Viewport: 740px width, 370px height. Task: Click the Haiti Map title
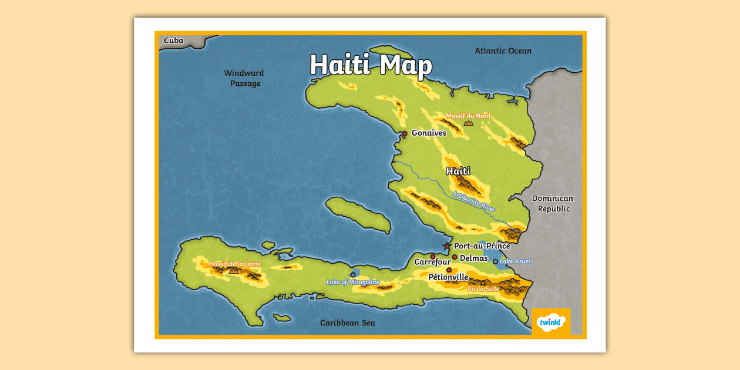pyautogui.click(x=371, y=65)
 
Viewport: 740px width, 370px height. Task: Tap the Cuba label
pyautogui.click(x=173, y=41)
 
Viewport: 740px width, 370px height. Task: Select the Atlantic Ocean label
pyautogui.click(x=503, y=51)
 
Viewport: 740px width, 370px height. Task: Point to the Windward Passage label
pyautogui.click(x=244, y=78)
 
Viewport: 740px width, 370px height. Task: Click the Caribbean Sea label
pyautogui.click(x=347, y=322)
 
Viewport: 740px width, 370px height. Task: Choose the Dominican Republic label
pyautogui.click(x=553, y=203)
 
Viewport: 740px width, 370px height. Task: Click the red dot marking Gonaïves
pyautogui.click(x=405, y=133)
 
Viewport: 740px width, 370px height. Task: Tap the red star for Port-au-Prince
pyautogui.click(x=448, y=246)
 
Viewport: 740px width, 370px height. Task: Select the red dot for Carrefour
pyautogui.click(x=433, y=257)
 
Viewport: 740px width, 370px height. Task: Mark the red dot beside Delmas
pyautogui.click(x=455, y=257)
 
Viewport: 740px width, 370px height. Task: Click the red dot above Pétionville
pyautogui.click(x=449, y=270)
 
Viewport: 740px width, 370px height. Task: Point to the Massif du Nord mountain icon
pyautogui.click(x=468, y=123)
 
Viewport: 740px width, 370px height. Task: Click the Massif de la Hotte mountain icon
pyautogui.click(x=234, y=271)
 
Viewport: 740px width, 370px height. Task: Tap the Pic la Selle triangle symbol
pyautogui.click(x=483, y=282)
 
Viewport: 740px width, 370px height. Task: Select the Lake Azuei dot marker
pyautogui.click(x=495, y=261)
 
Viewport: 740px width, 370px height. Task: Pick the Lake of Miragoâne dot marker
pyautogui.click(x=353, y=274)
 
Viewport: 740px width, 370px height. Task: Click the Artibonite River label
pyautogui.click(x=474, y=201)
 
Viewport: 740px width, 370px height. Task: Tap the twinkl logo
pyautogui.click(x=551, y=322)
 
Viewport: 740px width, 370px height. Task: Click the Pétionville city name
pyautogui.click(x=448, y=277)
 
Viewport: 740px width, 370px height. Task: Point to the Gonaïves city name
pyautogui.click(x=429, y=133)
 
